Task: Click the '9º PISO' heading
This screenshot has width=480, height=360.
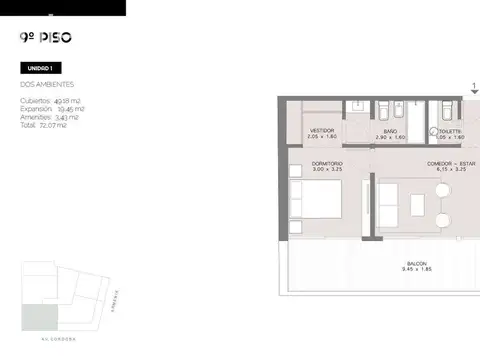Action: tap(45, 40)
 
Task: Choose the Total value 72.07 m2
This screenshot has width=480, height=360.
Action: tap(50, 125)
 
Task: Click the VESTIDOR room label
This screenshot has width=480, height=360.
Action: tap(321, 130)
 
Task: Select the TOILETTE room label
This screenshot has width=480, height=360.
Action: tap(449, 131)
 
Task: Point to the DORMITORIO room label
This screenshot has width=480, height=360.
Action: tap(327, 163)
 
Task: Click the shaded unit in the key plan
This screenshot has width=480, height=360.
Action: tap(41, 317)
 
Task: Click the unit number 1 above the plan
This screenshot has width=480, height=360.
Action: tap(474, 85)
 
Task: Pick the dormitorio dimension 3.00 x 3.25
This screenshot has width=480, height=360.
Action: tap(327, 170)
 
